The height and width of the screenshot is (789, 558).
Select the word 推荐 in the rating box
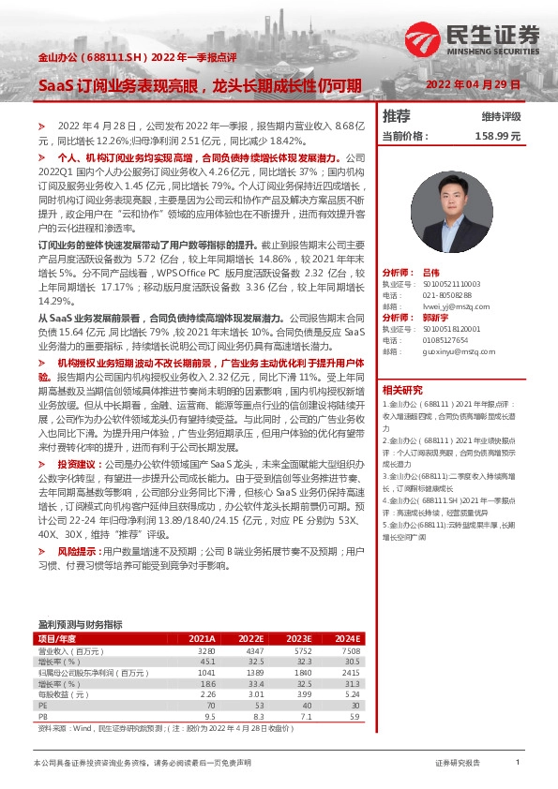point(397,116)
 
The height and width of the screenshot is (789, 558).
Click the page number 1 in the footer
point(517,764)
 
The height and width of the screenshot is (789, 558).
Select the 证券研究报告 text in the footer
point(458,764)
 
